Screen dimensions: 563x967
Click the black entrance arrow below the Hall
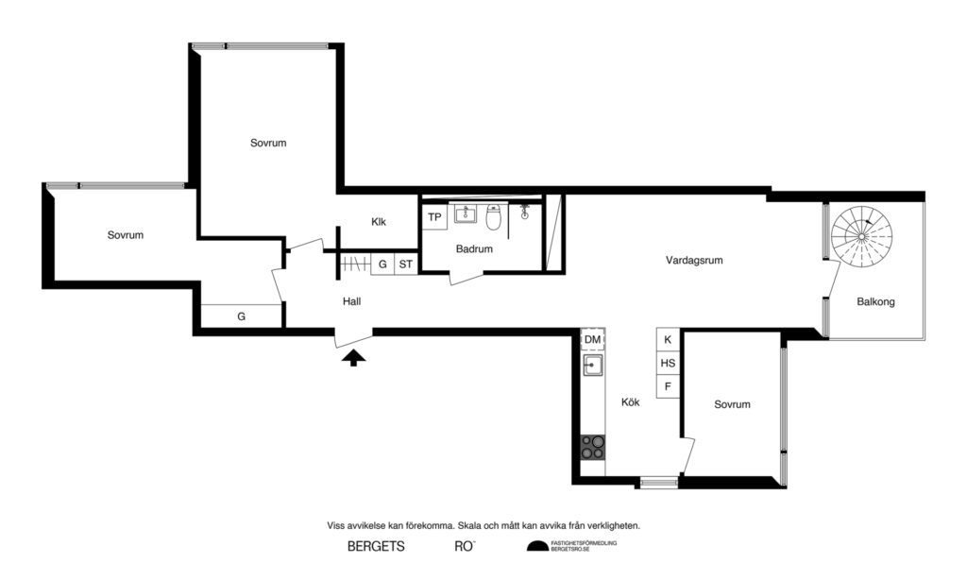tap(353, 356)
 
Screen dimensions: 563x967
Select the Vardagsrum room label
tap(693, 260)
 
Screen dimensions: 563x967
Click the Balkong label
tap(875, 302)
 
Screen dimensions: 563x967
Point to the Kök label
tap(630, 402)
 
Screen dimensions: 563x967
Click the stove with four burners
tap(592, 446)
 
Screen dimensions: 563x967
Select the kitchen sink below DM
tap(592, 365)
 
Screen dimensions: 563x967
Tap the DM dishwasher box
tap(592, 339)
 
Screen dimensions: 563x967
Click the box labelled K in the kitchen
tap(668, 339)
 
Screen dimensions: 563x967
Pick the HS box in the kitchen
tap(668, 363)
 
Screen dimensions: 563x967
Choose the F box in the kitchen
tap(668, 386)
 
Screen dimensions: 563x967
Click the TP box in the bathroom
tap(434, 217)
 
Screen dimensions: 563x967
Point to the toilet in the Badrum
tap(493, 219)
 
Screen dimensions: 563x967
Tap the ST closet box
tap(405, 264)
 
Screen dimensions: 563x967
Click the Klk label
tap(379, 223)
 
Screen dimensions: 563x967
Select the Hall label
tap(352, 300)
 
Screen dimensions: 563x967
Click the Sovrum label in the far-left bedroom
tap(125, 235)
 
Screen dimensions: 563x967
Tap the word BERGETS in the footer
tap(376, 546)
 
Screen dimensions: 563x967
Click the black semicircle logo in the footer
tap(536, 546)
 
